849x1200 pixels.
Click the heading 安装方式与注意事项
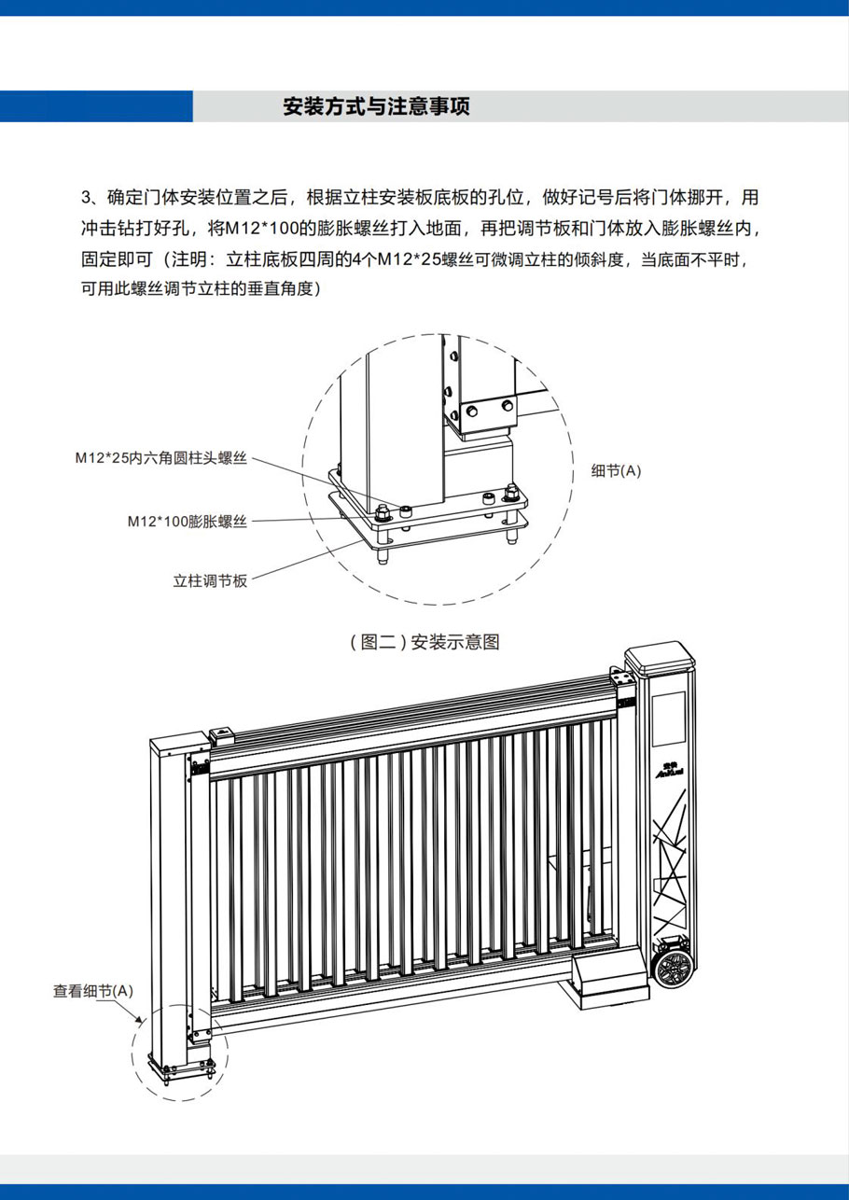click(376, 107)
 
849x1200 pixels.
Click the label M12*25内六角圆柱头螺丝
click(161, 458)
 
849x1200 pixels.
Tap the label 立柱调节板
click(210, 580)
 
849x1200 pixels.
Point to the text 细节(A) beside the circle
click(617, 471)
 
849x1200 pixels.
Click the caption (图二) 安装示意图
click(424, 642)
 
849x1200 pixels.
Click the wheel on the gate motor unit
click(672, 969)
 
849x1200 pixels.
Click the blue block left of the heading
click(96, 107)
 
